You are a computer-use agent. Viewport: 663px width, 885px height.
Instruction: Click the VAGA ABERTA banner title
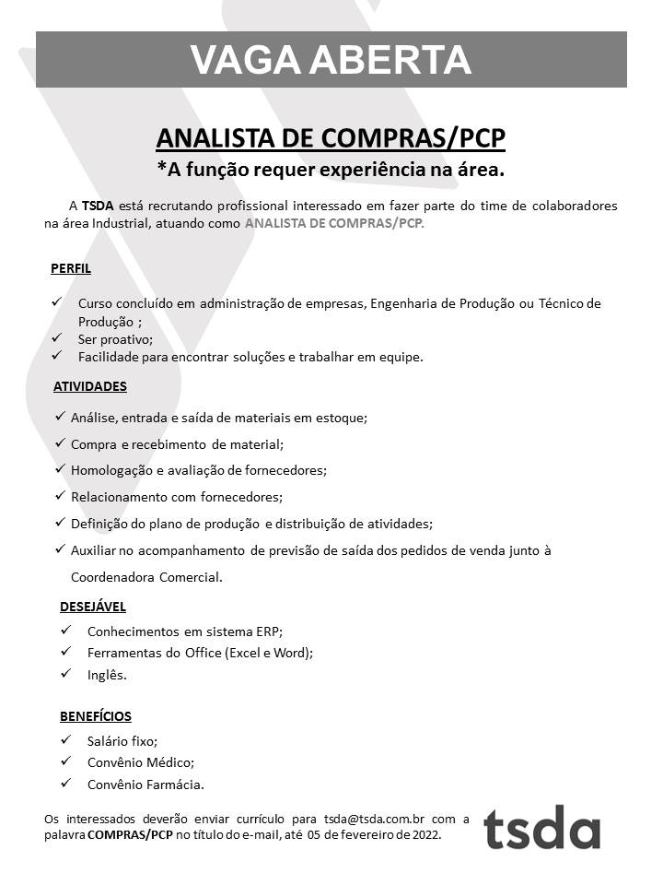point(331,60)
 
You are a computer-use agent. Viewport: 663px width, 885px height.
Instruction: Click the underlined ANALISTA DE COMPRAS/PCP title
point(331,138)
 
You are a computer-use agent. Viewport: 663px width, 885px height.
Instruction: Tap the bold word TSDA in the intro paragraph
point(98,205)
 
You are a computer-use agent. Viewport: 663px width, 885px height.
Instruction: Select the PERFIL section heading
point(71,269)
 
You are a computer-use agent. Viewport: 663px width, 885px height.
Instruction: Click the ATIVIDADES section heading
point(90,386)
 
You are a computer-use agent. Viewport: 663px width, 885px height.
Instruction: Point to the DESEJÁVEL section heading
point(93,607)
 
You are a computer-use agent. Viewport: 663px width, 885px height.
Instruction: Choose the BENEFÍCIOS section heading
point(96,715)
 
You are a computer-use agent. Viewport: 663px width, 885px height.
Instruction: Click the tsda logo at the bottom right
point(541,826)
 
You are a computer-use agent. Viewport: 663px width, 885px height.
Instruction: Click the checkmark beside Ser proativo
point(57,337)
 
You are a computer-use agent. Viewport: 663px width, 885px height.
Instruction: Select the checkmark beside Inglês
point(66,674)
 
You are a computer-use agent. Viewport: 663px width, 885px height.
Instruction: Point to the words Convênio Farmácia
point(145,785)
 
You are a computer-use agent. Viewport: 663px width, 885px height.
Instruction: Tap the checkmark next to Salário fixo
point(66,739)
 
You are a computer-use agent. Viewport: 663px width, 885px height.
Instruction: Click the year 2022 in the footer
point(425,835)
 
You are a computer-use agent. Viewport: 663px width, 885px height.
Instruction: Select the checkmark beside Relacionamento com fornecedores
point(60,496)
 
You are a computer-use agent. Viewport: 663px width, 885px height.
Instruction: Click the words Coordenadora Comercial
point(146,578)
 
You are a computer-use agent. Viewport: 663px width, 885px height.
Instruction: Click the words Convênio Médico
point(141,762)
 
